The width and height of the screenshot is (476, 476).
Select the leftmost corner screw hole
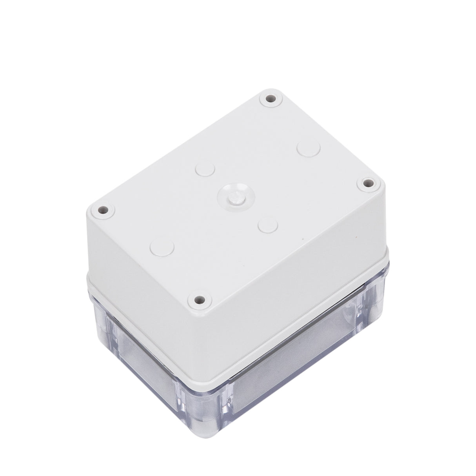[x=103, y=210]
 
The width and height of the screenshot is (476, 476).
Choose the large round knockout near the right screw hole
[x=309, y=149]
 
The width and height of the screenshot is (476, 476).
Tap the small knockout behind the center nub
[x=205, y=169]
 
